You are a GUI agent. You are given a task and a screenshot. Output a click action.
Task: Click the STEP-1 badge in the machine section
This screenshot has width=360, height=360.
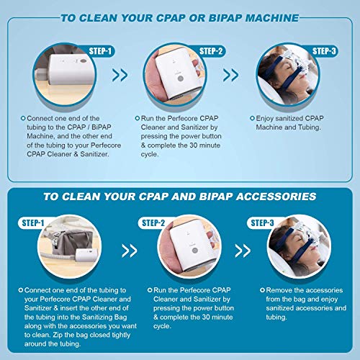(100, 51)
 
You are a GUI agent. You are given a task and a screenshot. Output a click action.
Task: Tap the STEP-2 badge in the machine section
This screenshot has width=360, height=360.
(211, 51)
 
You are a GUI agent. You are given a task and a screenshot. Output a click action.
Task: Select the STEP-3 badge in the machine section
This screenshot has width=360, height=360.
(324, 51)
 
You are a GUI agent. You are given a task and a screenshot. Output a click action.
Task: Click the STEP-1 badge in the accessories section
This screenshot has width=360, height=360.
(33, 223)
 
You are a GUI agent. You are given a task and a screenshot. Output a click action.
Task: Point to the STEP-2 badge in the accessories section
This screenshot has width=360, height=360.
(153, 223)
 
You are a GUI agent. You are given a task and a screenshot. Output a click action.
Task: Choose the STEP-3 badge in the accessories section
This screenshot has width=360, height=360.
(262, 223)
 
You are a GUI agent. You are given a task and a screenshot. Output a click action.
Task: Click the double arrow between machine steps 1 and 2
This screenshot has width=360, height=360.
(120, 75)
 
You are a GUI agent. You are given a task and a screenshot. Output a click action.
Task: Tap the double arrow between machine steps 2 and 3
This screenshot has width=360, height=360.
(231, 75)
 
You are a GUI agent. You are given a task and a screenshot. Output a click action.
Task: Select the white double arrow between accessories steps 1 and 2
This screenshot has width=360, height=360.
(130, 251)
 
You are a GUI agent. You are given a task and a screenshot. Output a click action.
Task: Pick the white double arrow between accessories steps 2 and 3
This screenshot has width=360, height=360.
(243, 251)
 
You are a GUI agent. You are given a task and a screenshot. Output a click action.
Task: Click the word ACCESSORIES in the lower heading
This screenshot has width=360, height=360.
(276, 197)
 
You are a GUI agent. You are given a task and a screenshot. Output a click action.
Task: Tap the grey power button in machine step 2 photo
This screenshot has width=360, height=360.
(181, 78)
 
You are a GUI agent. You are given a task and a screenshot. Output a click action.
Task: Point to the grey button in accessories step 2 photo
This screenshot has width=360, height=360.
(195, 251)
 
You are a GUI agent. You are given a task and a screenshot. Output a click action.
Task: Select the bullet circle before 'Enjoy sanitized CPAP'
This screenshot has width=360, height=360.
(252, 118)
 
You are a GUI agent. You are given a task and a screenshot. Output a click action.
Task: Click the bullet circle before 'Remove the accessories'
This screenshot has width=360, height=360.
(262, 290)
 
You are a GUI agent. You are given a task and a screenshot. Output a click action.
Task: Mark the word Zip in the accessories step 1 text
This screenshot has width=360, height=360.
(57, 335)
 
